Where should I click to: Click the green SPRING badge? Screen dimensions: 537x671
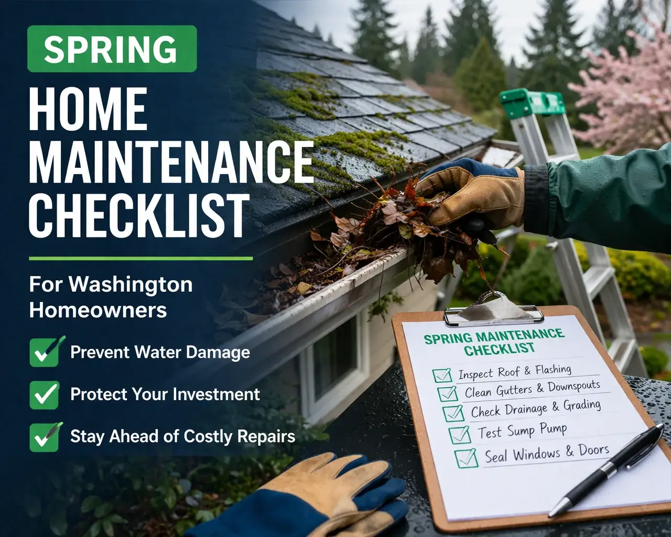[112, 49]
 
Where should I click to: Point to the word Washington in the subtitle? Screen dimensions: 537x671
[131, 285]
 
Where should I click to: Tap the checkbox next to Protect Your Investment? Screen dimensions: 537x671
[44, 394]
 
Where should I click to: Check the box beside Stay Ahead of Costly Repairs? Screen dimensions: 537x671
[44, 437]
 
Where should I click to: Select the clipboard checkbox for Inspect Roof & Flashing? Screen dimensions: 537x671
[442, 375]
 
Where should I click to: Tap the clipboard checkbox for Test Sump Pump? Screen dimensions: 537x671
[460, 434]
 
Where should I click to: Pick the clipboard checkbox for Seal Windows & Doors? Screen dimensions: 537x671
[466, 458]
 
